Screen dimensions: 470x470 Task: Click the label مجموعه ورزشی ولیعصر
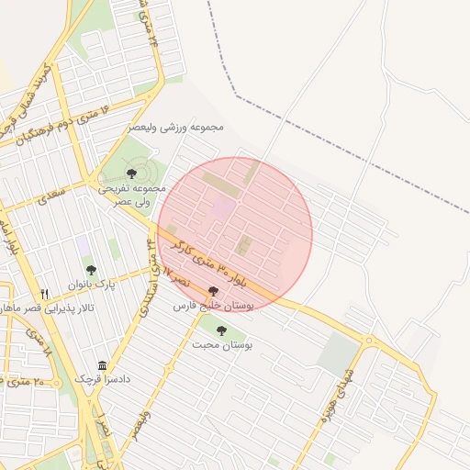coord(177,127)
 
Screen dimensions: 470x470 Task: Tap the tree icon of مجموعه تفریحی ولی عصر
coord(131,173)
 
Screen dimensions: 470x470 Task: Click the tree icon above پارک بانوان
coord(91,270)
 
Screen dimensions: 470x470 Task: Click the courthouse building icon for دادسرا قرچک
coord(101,365)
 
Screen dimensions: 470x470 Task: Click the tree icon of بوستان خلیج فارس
coord(214,291)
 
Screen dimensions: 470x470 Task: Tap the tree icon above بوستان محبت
coord(221,330)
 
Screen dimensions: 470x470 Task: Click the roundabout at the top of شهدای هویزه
coord(371,343)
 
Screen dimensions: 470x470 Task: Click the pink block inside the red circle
coord(223,207)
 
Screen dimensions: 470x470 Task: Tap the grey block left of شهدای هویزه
coord(338,352)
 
